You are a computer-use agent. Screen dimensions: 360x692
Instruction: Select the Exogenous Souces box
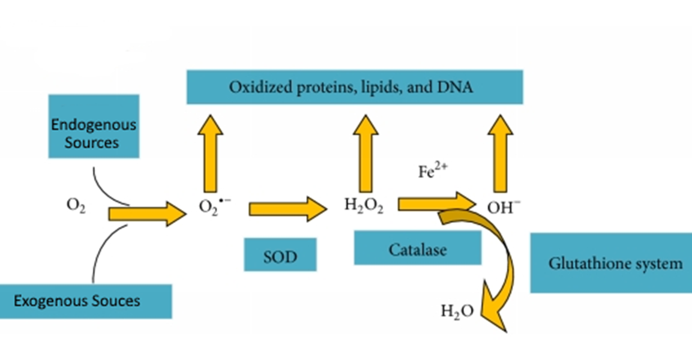click(85, 301)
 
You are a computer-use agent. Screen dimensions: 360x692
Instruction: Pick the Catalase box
click(417, 248)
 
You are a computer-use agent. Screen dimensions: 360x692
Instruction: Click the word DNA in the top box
click(456, 88)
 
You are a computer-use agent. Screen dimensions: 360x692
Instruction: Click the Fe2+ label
click(431, 172)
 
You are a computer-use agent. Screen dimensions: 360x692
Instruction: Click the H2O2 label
click(364, 206)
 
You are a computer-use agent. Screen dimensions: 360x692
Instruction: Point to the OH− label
click(504, 208)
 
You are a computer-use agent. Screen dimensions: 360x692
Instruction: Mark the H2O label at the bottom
click(457, 311)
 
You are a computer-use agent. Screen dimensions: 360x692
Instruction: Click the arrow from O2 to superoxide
click(146, 214)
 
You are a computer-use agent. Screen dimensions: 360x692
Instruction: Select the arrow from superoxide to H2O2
click(287, 209)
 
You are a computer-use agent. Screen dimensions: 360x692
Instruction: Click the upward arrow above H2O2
click(366, 152)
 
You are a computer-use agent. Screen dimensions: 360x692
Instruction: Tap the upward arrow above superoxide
click(210, 152)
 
